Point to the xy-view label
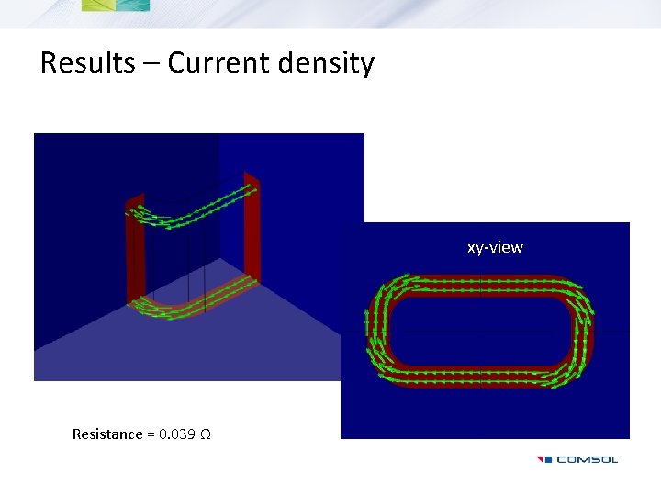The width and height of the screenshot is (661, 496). [x=495, y=247]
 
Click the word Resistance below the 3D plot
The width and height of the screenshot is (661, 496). [x=107, y=434]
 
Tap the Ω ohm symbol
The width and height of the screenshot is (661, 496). [x=206, y=434]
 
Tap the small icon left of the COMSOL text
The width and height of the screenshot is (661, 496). [x=543, y=459]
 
